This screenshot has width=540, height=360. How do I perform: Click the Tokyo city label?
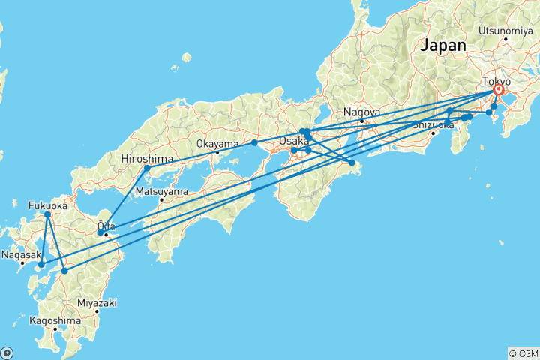[x=497, y=81]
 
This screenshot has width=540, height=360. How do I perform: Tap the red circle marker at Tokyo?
[x=499, y=90]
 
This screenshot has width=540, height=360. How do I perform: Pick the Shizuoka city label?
[x=433, y=124]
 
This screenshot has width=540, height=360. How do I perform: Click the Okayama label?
[x=217, y=143]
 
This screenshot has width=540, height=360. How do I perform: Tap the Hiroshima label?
[x=147, y=159]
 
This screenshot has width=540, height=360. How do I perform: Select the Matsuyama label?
[x=160, y=191]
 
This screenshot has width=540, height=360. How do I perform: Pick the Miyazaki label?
[x=96, y=302]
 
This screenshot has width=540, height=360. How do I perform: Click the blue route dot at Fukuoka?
[x=47, y=214]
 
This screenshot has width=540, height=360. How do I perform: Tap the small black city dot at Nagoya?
[x=361, y=121]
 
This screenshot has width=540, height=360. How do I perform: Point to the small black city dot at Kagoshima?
[x=55, y=329]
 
